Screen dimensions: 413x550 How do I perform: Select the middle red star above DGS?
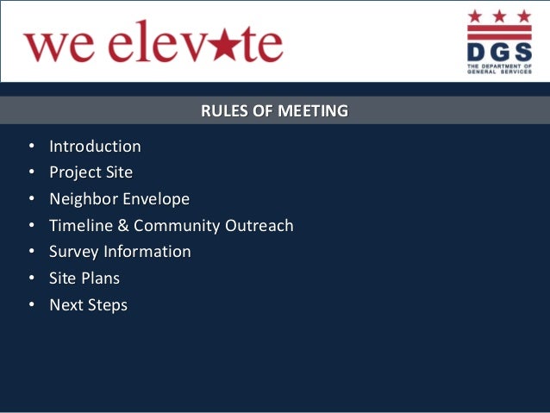(499, 16)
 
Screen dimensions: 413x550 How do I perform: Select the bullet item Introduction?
(95, 147)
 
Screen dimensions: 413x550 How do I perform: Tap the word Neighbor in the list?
(84, 199)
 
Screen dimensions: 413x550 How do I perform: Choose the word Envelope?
(156, 199)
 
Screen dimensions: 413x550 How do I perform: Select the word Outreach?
(259, 226)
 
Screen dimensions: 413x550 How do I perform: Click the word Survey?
(74, 252)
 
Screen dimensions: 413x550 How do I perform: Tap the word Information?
(147, 252)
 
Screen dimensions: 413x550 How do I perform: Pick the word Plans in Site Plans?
(101, 278)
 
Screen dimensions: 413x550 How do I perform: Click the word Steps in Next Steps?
(107, 305)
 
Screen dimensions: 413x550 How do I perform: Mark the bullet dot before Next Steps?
(32, 305)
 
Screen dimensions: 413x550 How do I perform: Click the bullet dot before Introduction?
(32, 147)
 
